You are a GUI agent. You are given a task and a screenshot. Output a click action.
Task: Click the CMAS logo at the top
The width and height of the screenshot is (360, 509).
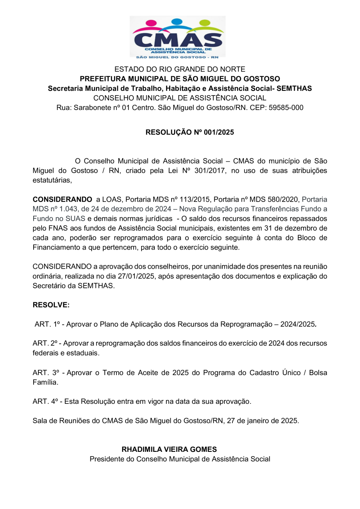pos(178,37)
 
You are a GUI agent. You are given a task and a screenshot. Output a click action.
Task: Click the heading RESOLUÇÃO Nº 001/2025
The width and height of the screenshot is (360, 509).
pos(189,132)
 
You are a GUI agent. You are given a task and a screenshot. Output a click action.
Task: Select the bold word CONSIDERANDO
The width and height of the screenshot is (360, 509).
pos(62,199)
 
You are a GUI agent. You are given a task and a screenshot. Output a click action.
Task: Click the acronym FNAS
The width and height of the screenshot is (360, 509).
pos(53,228)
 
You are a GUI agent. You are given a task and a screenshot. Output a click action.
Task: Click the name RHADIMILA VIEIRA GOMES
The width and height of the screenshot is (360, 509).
pos(169,449)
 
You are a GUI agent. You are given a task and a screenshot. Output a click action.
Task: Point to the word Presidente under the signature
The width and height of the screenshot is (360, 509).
pos(107,459)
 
